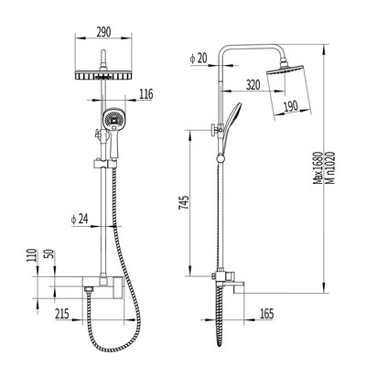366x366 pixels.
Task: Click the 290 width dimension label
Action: [103, 32]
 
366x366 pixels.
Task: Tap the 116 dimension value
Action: [146, 94]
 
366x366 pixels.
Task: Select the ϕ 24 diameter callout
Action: [79, 219]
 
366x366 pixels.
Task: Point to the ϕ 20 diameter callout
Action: [198, 59]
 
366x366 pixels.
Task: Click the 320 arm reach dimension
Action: [253, 85]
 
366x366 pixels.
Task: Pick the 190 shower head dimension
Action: [291, 106]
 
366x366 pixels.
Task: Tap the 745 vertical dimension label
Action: [184, 202]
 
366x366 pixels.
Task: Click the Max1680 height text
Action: [318, 168]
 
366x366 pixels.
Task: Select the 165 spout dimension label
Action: [267, 314]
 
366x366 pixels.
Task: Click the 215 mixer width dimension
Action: [62, 314]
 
